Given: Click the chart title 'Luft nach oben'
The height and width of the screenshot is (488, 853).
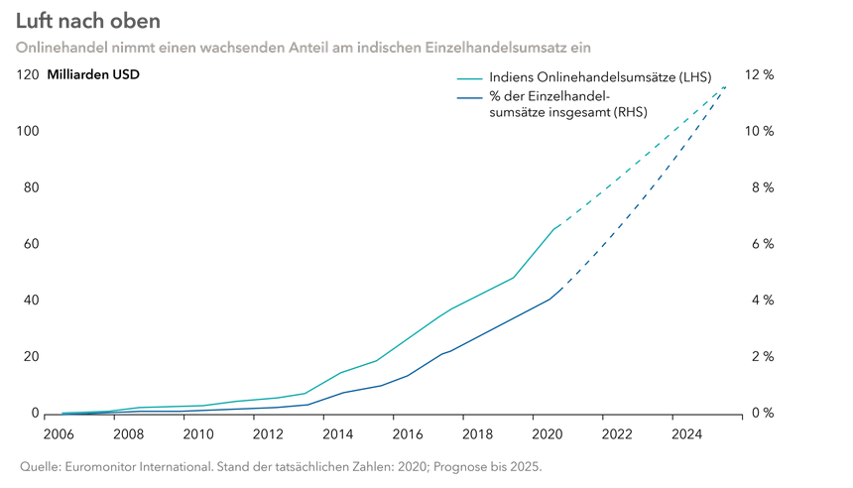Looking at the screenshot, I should (87, 20).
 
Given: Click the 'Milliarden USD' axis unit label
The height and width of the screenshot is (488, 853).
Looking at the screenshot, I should (93, 75).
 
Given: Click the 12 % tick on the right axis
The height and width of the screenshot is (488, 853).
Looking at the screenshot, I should (760, 75).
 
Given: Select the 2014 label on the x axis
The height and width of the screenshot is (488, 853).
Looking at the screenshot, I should (338, 433).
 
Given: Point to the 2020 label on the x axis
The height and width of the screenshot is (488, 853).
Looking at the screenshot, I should (548, 433).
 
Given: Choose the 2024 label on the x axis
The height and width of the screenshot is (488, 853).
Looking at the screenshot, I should (686, 433).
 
